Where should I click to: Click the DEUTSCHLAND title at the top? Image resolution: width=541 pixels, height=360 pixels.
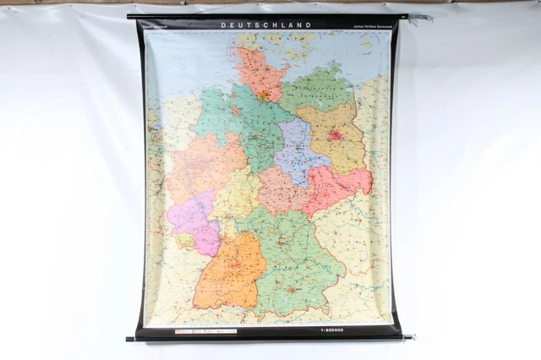coord(265,25)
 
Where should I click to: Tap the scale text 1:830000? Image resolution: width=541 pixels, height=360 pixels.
coord(339,330)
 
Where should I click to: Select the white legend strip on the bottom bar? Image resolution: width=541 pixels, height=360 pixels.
coord(205,331)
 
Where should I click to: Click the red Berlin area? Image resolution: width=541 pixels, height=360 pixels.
coord(336,134)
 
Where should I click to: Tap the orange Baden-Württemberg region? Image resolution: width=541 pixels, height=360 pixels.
coord(227,270)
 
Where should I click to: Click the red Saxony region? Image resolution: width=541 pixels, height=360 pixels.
coord(338,187)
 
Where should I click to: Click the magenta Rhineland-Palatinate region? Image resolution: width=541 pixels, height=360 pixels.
coord(194,218)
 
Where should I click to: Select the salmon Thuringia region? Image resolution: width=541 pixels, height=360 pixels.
coord(281,189)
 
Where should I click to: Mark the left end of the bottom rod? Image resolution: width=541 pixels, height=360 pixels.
coord(130,339)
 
